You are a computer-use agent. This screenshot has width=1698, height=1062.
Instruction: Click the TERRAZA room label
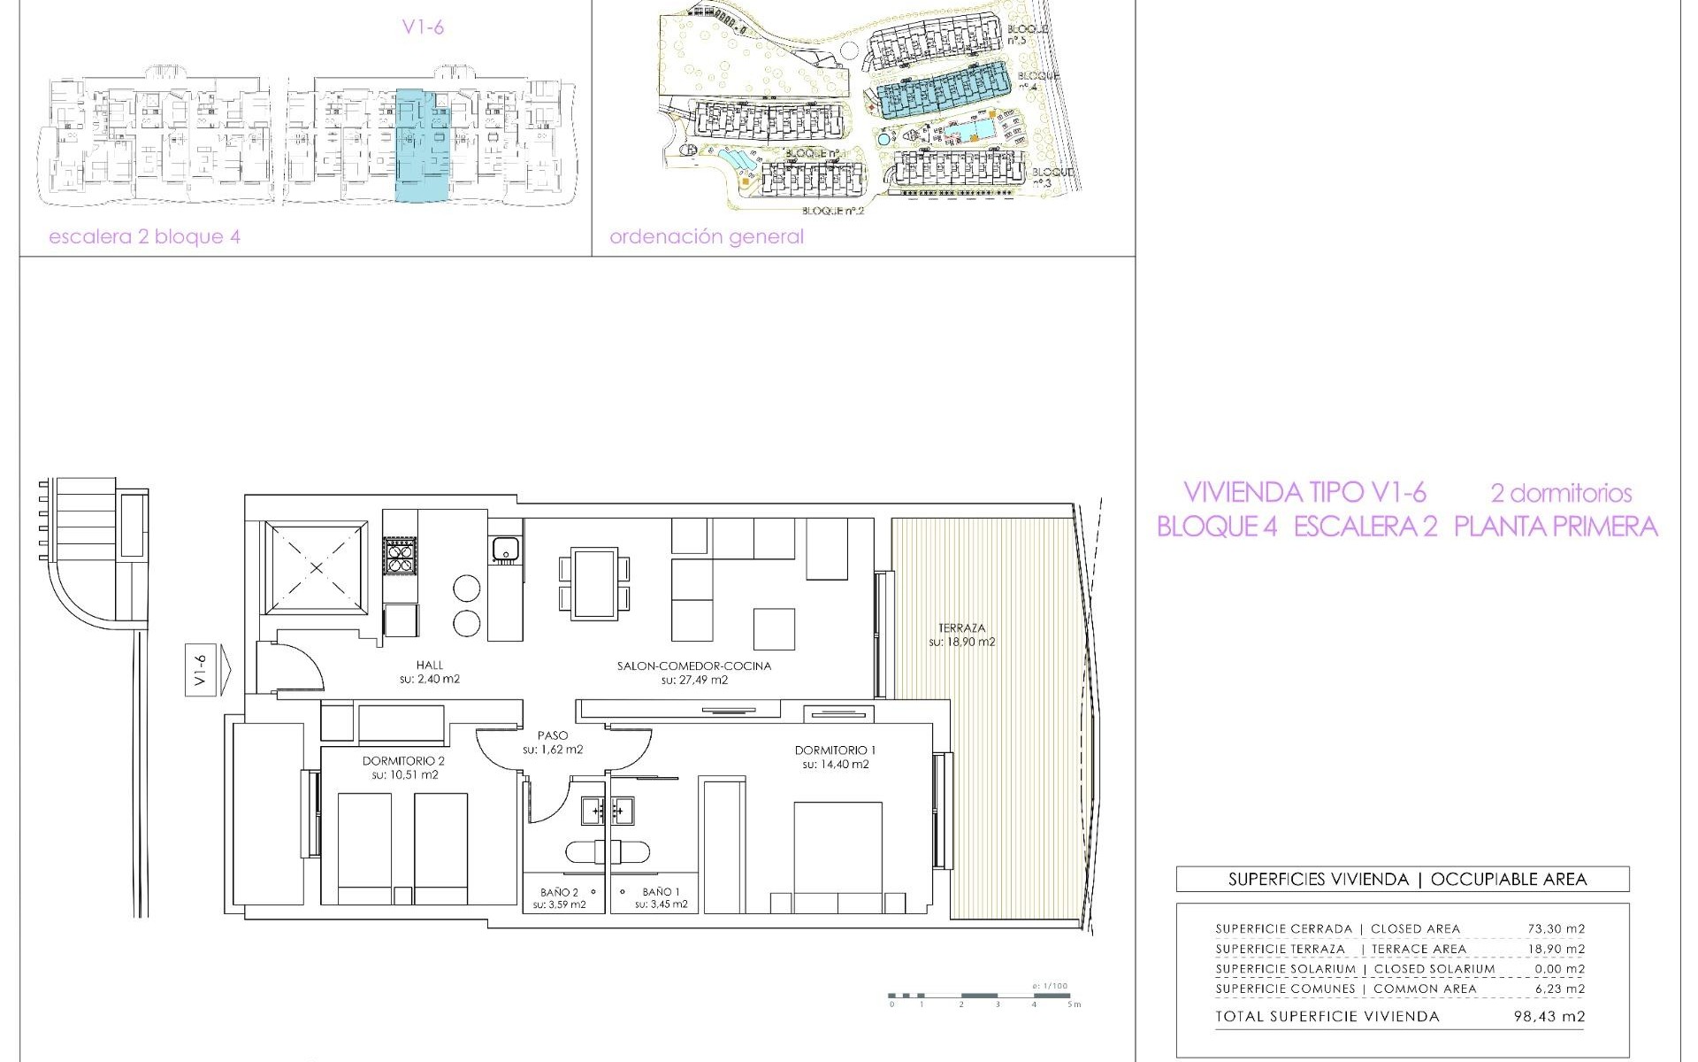coord(961,627)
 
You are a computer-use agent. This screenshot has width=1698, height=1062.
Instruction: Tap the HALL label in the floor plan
coord(430,666)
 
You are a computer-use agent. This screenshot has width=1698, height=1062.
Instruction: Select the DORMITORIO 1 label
coord(835,750)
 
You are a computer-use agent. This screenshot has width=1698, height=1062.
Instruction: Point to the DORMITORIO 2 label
coord(403,761)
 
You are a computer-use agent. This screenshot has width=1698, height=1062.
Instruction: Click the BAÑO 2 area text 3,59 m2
coord(560,905)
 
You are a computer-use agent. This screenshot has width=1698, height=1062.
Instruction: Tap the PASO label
coord(552,735)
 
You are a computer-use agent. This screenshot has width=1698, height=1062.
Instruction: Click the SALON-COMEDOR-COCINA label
coord(694,666)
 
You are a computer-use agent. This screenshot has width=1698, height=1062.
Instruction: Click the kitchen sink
coord(505,550)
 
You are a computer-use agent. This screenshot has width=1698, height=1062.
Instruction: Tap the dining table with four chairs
coord(595,583)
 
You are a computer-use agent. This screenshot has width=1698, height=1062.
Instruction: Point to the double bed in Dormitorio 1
coord(838,847)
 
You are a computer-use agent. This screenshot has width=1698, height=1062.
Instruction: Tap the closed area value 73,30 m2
coord(1556,928)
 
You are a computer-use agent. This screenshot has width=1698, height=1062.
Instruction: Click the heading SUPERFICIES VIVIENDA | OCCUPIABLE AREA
coord(1403,879)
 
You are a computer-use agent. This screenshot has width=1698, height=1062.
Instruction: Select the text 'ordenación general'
coord(707,237)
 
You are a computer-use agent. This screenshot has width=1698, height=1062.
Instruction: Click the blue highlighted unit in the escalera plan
coord(422,146)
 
